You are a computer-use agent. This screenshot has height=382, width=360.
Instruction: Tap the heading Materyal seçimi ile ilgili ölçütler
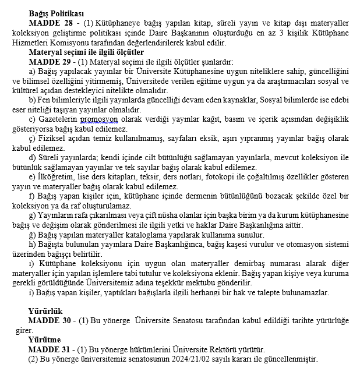pyautogui.click(x=86, y=52)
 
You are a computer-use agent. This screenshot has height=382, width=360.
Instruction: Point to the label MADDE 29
pyautogui.click(x=50, y=61)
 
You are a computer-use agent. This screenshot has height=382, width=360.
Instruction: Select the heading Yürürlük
pyautogui.click(x=45, y=311)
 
